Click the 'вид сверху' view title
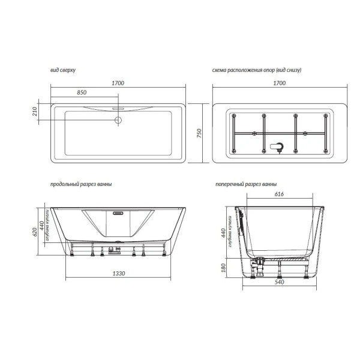click(63, 70)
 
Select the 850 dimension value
click(82, 92)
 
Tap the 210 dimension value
click(35, 112)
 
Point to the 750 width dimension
click(199, 133)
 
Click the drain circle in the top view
click(118, 120)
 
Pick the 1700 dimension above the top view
click(118, 83)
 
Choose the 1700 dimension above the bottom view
click(280, 83)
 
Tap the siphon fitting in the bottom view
click(277, 147)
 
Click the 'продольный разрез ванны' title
click(81, 184)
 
